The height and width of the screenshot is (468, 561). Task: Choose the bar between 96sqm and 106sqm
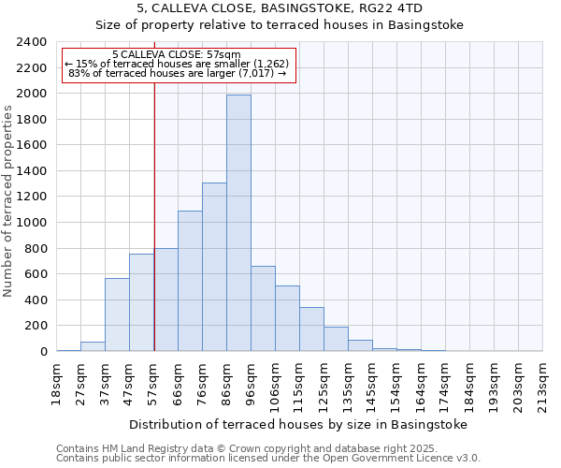[263, 309]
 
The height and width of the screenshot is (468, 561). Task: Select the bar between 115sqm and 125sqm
[311, 329]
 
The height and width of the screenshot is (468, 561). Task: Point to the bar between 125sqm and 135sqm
[336, 339]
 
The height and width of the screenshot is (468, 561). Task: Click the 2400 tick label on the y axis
[32, 42]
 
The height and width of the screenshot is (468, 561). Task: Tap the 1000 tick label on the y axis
[32, 223]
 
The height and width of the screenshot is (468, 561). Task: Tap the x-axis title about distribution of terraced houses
[297, 424]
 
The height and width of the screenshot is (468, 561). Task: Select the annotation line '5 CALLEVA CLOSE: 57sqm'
[176, 54]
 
